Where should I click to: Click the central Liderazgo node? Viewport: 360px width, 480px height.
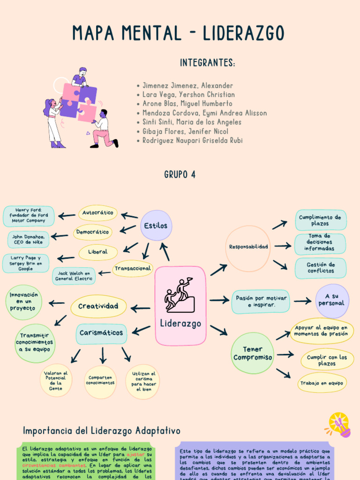tap(180, 306)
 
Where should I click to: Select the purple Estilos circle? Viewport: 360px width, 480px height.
tap(156, 225)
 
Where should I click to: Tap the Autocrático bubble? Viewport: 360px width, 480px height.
tap(97, 213)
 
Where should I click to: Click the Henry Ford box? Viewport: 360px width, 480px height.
tap(29, 216)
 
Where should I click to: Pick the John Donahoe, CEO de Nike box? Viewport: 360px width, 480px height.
tap(28, 239)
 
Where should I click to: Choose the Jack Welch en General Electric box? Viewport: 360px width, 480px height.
tap(74, 276)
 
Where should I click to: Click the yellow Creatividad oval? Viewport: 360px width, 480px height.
tap(98, 306)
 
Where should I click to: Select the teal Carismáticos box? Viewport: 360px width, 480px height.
tap(101, 333)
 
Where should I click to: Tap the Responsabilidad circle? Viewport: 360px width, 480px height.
tap(248, 247)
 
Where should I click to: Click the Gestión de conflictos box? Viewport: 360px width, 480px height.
tap(321, 268)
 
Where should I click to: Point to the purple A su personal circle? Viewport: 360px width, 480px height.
tap(332, 300)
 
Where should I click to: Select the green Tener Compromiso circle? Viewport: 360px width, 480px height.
tap(253, 353)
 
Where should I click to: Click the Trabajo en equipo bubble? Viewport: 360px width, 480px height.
tap(322, 383)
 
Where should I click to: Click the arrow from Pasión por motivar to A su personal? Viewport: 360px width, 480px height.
tap(302, 301)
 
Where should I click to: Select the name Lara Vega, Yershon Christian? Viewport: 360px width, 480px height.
tap(188, 95)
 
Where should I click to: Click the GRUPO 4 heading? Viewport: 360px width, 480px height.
tap(180, 175)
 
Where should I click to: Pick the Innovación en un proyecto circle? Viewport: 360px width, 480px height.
tap(23, 302)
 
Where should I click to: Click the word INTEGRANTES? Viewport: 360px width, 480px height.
tap(207, 63)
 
